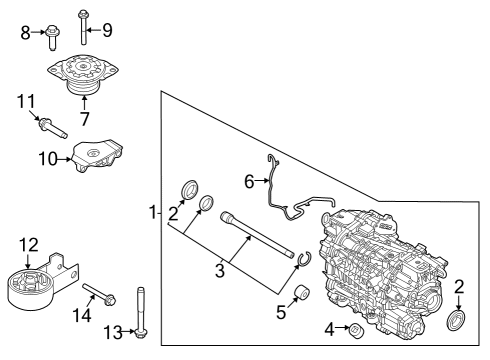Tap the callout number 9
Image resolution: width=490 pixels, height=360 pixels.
coord(107,28)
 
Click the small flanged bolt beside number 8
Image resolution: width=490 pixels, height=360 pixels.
coord(51,36)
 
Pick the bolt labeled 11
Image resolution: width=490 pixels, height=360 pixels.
coord(51,126)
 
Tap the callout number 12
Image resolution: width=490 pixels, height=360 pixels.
coord(27,243)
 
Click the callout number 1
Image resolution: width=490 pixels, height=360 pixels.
coord(152,212)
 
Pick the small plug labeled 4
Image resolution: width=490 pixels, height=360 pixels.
coord(354,330)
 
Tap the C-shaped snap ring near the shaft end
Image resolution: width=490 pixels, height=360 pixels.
coord(307,262)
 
